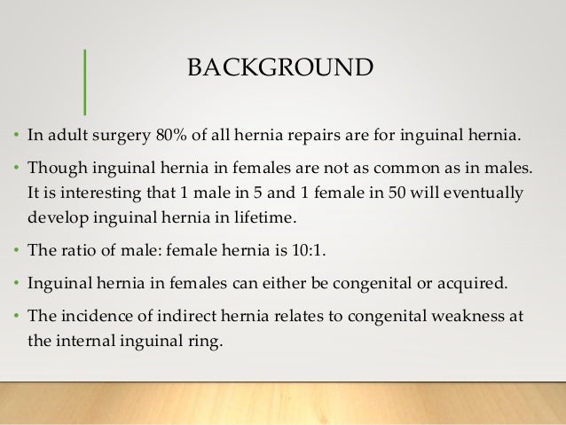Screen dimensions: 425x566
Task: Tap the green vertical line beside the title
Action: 84,81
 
